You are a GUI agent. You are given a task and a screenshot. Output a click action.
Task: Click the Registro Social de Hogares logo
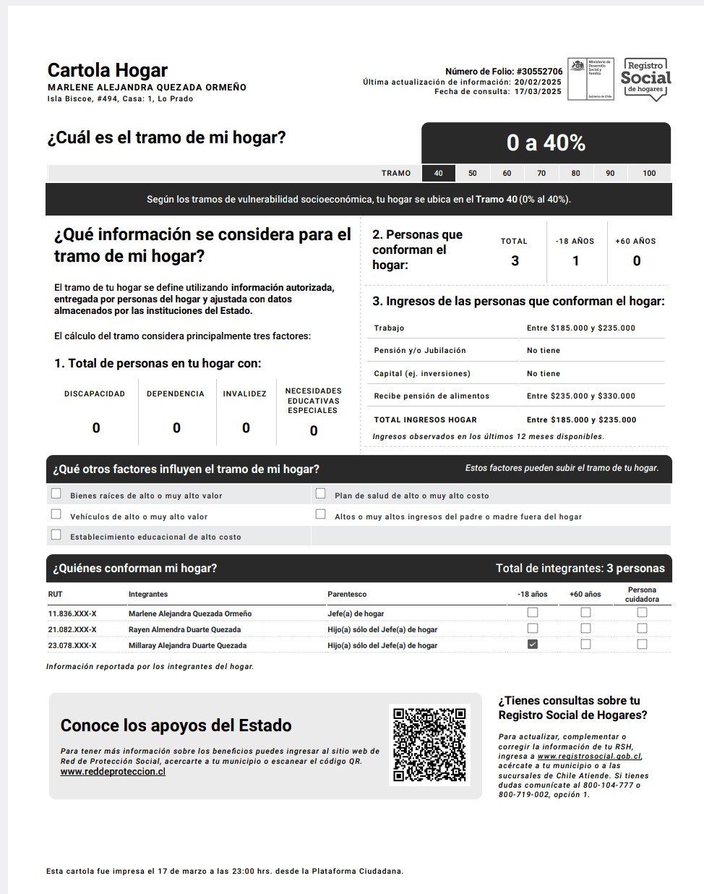[x=645, y=79]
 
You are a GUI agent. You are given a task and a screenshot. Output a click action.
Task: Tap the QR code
[x=429, y=744]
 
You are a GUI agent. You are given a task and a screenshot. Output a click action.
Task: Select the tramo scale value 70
[x=541, y=174]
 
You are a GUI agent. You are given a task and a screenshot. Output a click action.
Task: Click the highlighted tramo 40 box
[x=439, y=174]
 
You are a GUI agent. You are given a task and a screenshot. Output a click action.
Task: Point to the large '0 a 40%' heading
[x=546, y=143]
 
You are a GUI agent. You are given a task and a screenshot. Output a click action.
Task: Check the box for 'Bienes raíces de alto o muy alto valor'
[x=56, y=494]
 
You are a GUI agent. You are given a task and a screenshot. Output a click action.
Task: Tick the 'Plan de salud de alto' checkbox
[x=321, y=494]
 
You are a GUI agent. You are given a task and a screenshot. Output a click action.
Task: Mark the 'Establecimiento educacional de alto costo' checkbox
[x=56, y=535]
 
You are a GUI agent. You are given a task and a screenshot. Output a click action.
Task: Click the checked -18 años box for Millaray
[x=533, y=644]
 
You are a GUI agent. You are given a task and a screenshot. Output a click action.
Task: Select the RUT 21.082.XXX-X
[x=72, y=630]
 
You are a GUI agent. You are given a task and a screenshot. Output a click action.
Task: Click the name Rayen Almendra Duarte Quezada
[x=184, y=630]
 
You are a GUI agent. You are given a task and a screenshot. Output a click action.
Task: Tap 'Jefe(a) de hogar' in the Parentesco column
[x=356, y=614]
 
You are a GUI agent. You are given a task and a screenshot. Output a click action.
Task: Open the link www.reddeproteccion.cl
[x=113, y=772]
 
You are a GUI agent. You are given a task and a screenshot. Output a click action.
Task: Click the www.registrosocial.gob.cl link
[x=589, y=757]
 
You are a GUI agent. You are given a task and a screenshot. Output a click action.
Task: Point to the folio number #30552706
[x=539, y=72]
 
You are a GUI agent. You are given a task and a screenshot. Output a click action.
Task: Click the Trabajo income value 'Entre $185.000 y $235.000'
[x=580, y=328]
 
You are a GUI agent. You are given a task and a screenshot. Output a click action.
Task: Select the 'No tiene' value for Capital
[x=544, y=374]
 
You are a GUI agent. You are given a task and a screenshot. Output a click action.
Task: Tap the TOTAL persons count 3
[x=515, y=261]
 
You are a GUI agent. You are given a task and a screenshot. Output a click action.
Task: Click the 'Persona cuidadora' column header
[x=642, y=595]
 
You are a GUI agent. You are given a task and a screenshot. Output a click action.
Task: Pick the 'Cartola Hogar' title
[x=107, y=70]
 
